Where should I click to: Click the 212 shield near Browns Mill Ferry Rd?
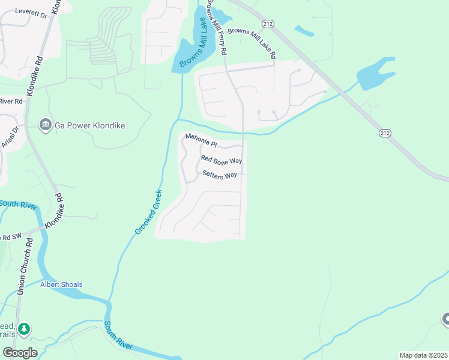click(x=268, y=23)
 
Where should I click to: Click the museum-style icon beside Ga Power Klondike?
click(x=45, y=125)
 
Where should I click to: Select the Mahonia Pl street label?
click(x=200, y=140)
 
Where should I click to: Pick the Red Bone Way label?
click(x=221, y=160)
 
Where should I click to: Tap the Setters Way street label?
click(x=220, y=175)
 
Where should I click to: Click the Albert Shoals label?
click(x=62, y=284)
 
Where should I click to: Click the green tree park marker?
click(x=24, y=329)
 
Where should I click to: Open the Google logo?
click(x=20, y=352)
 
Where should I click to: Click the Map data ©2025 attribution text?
click(x=423, y=355)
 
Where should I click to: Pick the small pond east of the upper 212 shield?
click(x=303, y=29)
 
